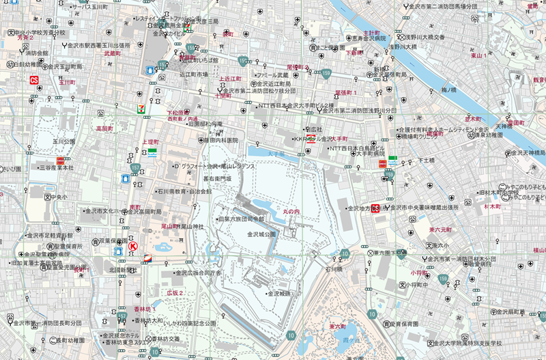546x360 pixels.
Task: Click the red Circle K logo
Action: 134,245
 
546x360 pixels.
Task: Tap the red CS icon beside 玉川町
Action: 33,80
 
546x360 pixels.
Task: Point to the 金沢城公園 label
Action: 261,234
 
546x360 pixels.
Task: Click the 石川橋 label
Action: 332,268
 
